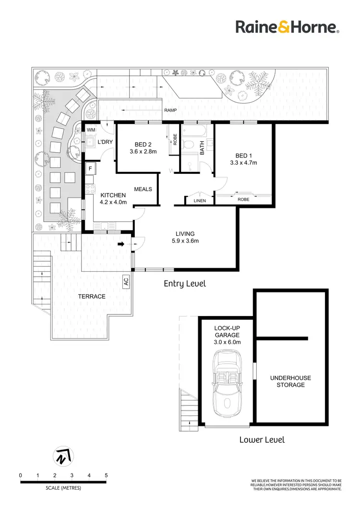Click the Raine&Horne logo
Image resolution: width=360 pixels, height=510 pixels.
click(288, 26)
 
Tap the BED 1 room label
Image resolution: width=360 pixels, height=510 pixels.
click(244, 156)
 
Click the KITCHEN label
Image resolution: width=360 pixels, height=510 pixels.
click(113, 195)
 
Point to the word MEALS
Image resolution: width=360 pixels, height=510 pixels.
click(143, 189)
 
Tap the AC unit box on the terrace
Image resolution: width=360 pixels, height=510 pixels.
click(126, 282)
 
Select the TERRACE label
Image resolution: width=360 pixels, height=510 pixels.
click(92, 296)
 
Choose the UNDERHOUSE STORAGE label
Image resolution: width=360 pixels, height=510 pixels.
click(287, 381)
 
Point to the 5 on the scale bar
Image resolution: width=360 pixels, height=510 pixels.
click(106, 475)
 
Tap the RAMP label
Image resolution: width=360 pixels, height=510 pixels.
click(171, 110)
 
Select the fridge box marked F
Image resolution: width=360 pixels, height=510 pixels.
click(90, 169)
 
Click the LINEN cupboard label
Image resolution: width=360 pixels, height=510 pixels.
click(199, 201)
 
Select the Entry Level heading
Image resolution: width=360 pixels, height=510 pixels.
click(184, 284)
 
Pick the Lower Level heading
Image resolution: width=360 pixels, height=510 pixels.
click(262, 439)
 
